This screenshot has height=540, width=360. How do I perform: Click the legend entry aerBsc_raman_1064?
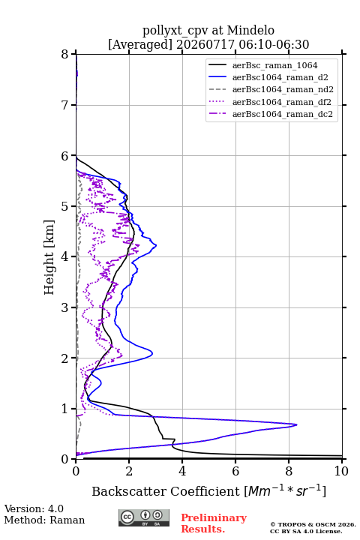(274, 65)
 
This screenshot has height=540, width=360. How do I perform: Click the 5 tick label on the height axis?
(65, 207)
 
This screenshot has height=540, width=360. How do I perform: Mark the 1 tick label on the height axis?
(65, 409)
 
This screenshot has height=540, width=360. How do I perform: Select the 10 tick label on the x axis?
(341, 471)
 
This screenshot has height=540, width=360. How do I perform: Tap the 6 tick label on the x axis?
(235, 471)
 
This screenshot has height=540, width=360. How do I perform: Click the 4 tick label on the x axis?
(182, 471)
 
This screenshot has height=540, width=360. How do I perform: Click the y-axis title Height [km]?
(49, 257)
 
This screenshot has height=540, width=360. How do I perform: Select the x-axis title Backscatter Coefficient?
(166, 491)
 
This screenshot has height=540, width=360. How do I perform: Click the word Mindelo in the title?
(250, 30)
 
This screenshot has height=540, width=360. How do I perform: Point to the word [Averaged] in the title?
(140, 44)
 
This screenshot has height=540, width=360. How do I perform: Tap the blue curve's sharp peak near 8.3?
(296, 424)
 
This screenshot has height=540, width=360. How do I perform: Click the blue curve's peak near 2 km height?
(152, 353)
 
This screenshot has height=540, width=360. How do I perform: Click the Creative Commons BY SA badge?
(144, 518)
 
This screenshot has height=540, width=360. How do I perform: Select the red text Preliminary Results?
(214, 523)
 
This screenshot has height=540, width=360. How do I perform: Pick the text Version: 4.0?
(34, 508)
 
